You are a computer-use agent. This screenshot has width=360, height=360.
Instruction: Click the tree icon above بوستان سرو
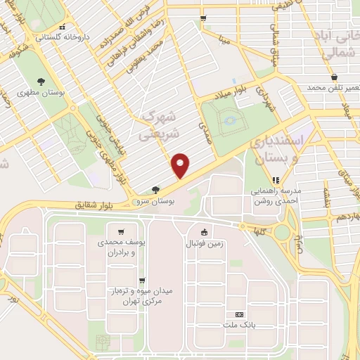click(x=155, y=188)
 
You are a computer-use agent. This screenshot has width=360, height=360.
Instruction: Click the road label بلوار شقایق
click(x=95, y=206)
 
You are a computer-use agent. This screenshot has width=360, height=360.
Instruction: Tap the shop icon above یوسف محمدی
click(x=122, y=231)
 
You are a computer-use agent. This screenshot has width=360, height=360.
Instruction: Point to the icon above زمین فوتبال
click(x=204, y=232)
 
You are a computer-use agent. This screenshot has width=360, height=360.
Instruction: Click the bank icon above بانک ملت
click(x=240, y=314)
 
